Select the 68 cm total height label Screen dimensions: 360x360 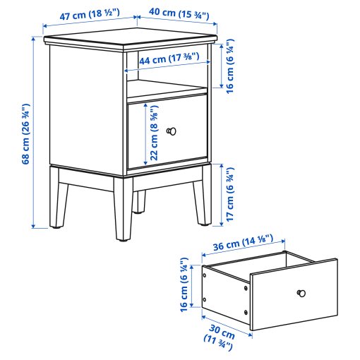(x=26, y=135)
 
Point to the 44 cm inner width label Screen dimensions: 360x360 (x=168, y=61)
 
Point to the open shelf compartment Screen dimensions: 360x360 (x=167, y=88)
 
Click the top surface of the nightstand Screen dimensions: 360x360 (x=131, y=39)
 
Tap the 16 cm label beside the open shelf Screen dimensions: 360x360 (x=230, y=68)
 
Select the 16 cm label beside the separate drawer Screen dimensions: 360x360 (x=184, y=285)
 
